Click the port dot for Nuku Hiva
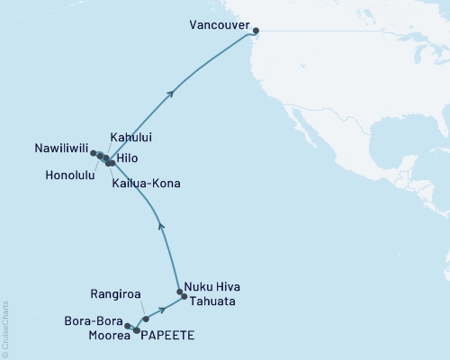[x=180, y=292]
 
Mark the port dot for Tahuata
[x=184, y=296]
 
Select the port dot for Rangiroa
[x=146, y=319]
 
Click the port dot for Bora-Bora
[x=128, y=325]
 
